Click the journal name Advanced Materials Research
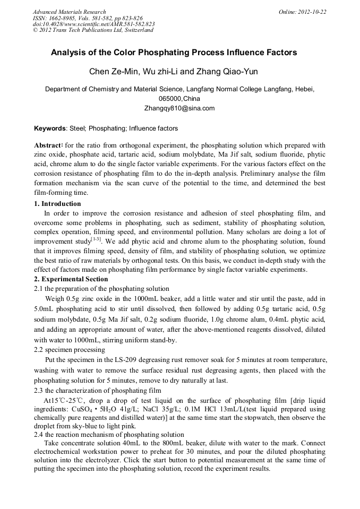click(69, 12)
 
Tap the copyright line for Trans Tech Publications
click(93, 30)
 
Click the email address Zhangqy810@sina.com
click(179, 108)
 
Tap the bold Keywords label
click(50, 128)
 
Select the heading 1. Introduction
click(57, 204)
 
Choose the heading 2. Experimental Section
click(71, 279)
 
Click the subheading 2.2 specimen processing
click(69, 350)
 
